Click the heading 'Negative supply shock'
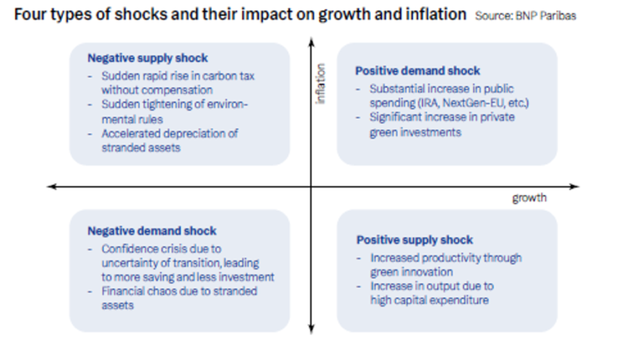[147, 59]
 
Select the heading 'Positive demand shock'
[418, 71]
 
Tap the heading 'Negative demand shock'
[151, 232]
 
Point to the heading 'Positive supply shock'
[415, 240]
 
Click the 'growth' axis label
[529, 198]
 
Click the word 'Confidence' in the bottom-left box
[128, 248]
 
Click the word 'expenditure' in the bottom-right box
[466, 301]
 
